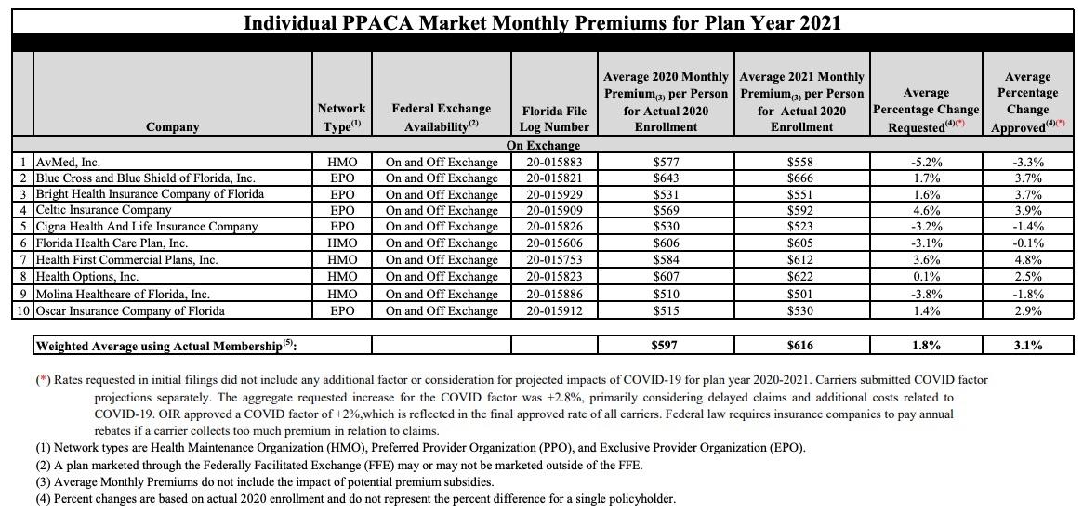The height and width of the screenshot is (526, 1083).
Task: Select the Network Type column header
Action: pos(341,117)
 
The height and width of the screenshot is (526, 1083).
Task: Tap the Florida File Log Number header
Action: pos(555,119)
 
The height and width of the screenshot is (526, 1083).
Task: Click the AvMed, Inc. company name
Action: pos(68,162)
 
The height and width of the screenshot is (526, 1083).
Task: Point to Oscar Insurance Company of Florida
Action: pos(130,310)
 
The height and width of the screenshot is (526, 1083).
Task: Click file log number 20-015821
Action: pos(555,178)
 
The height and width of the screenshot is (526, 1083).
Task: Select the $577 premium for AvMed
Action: pos(666,162)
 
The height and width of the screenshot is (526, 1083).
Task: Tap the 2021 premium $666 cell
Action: pos(799,178)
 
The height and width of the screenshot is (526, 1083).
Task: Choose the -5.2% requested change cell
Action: pos(926,162)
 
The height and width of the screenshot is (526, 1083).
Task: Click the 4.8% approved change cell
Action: pos(1027,260)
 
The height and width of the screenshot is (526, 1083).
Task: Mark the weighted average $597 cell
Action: pos(666,346)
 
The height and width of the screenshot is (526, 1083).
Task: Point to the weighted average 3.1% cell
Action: pos(1027,346)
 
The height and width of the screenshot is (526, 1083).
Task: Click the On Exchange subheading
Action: pos(543,146)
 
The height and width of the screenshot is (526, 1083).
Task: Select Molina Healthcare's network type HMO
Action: pos(341,294)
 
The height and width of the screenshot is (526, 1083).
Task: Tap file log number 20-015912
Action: pos(555,310)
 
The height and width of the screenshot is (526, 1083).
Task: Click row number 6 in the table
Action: pos(22,243)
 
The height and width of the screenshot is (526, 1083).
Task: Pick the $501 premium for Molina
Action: pos(799,294)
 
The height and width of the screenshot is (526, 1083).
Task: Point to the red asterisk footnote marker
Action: pos(43,380)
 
